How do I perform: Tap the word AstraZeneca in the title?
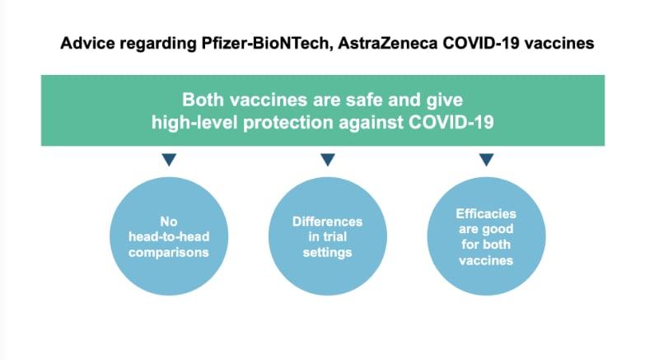click(x=387, y=44)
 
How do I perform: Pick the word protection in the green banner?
click(x=289, y=123)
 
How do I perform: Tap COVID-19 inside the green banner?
click(x=451, y=123)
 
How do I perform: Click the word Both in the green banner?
click(x=203, y=100)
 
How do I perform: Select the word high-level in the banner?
click(x=194, y=123)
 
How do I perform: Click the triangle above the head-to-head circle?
click(x=169, y=159)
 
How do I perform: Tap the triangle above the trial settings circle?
click(x=328, y=159)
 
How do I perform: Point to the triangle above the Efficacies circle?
click(x=486, y=159)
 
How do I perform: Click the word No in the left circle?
click(x=169, y=222)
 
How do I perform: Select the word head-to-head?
click(x=169, y=237)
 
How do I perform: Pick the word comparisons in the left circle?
click(x=169, y=252)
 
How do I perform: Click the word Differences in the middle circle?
click(x=327, y=222)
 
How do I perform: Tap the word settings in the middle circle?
click(x=327, y=252)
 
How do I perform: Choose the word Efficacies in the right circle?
click(x=486, y=214)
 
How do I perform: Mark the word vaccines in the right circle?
click(x=486, y=260)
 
